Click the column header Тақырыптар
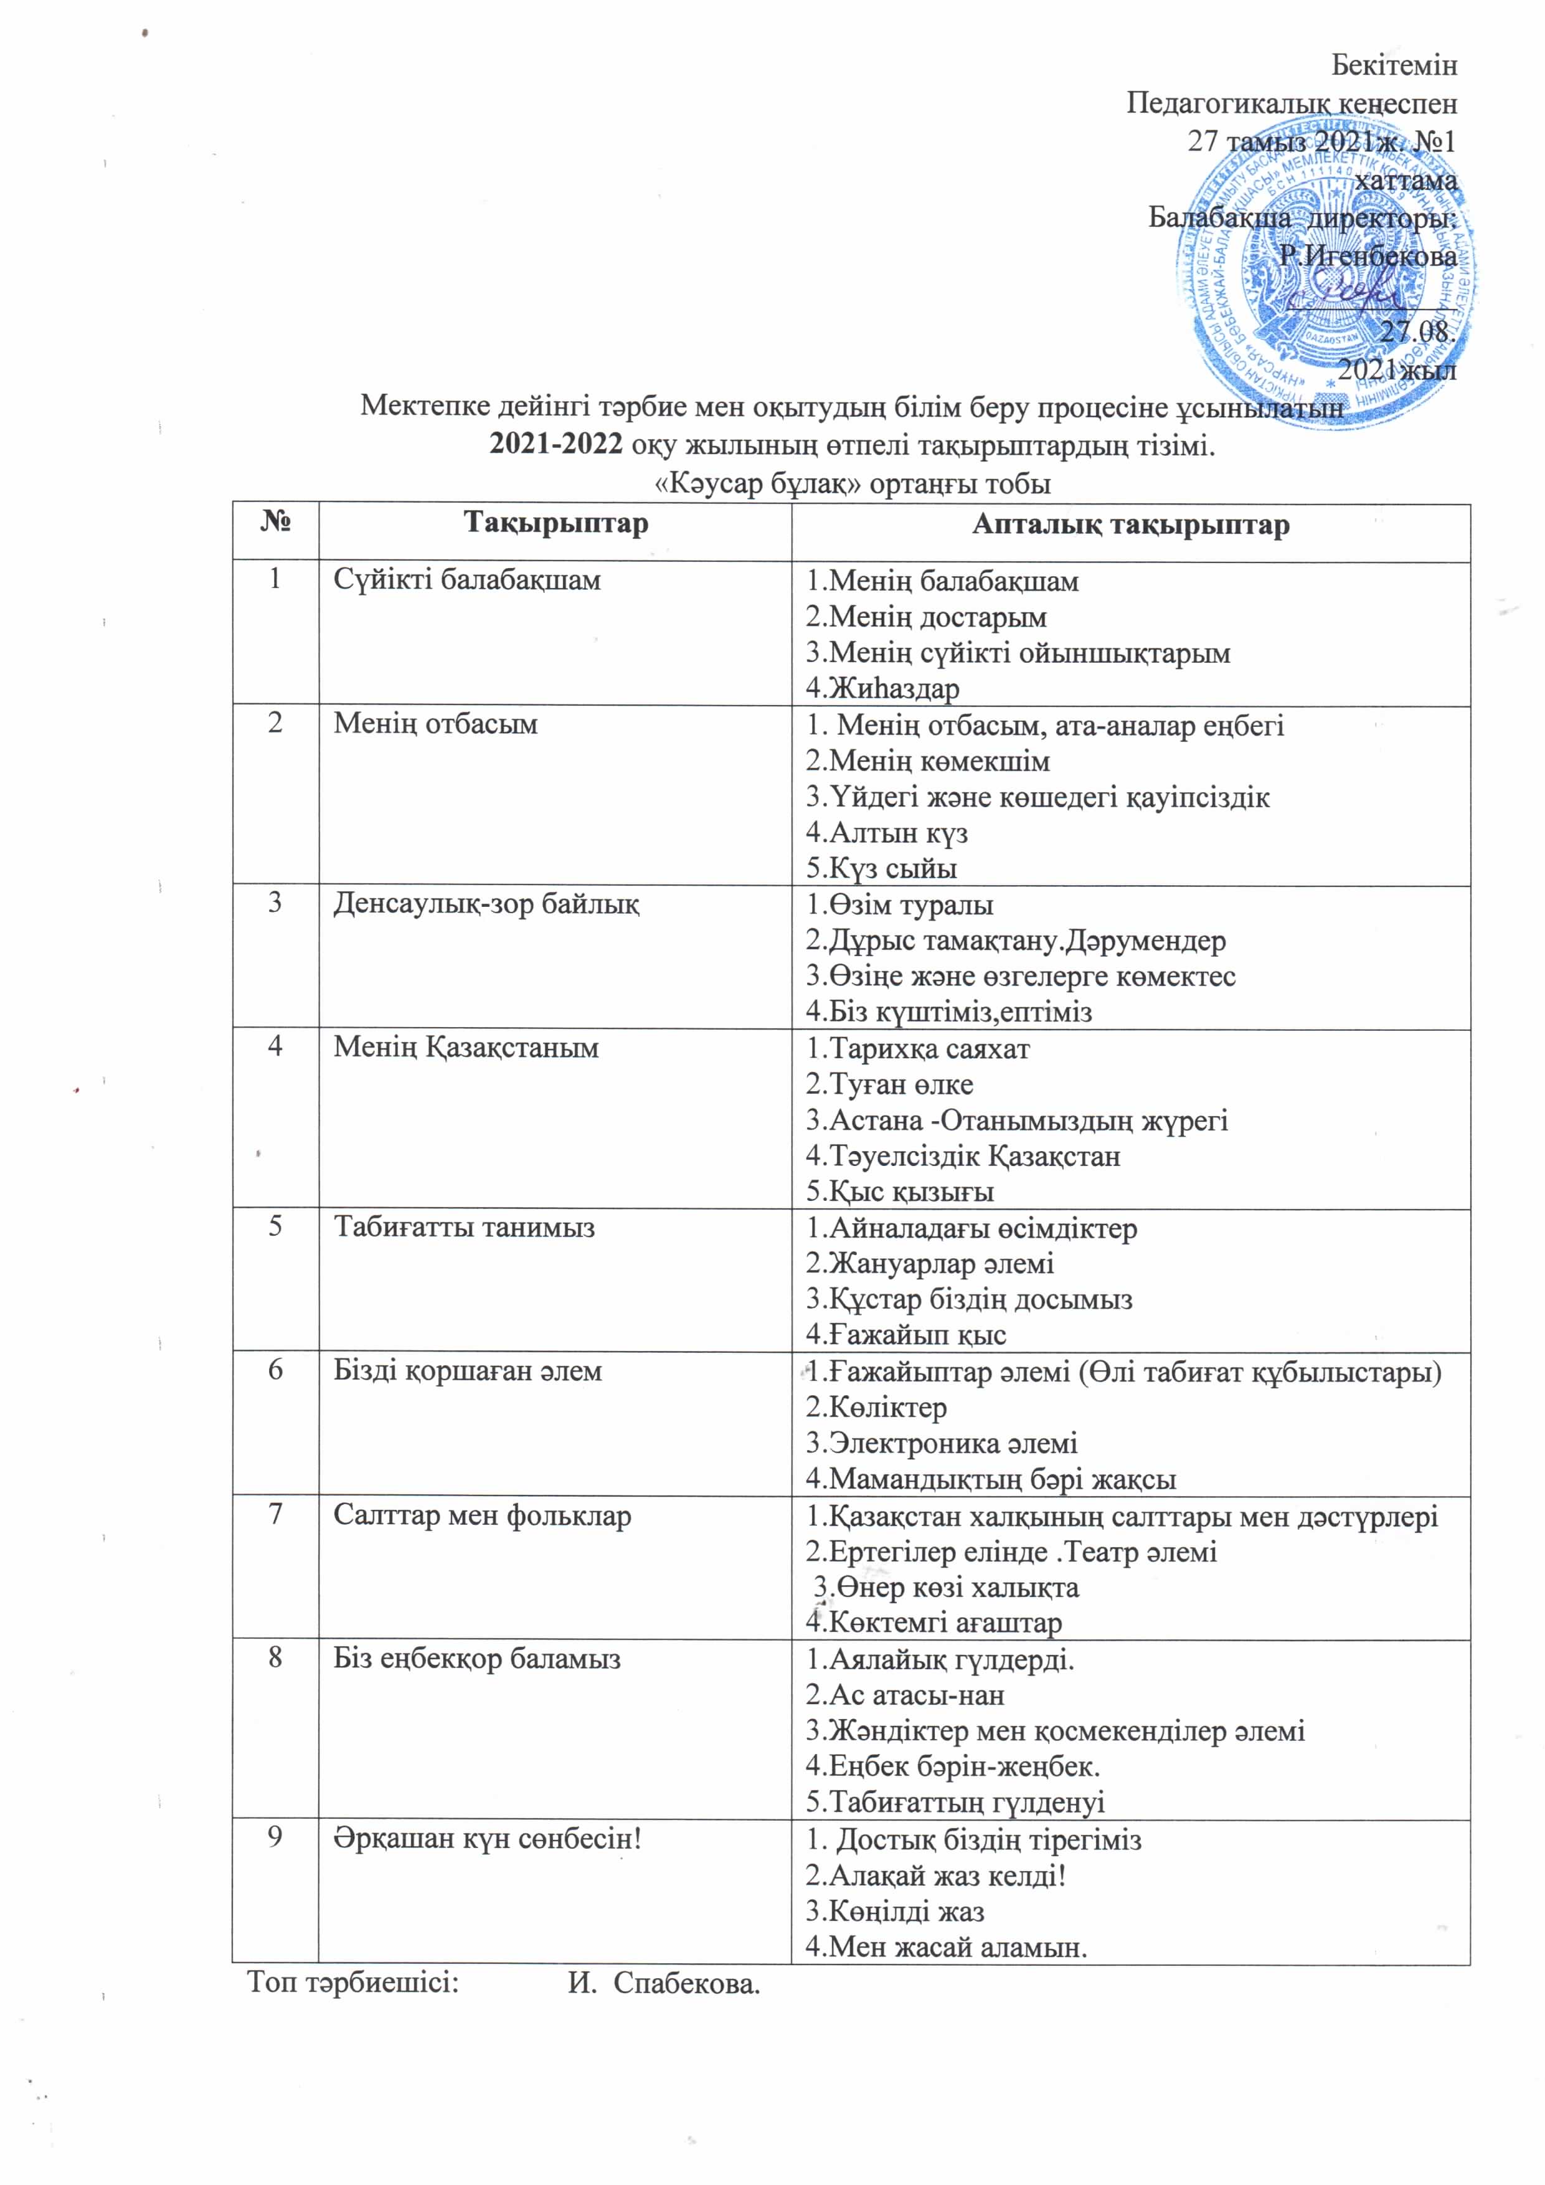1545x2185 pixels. tap(555, 524)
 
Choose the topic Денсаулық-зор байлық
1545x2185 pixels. tap(486, 903)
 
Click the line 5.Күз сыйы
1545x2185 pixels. tap(881, 868)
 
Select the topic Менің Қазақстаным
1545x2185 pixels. tap(466, 1048)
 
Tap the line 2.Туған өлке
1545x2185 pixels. tap(889, 1084)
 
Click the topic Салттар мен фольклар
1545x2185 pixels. tap(483, 1515)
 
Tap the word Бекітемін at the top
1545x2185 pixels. tap(1394, 65)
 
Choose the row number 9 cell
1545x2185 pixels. tap(275, 1837)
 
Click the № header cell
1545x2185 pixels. tap(275, 524)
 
